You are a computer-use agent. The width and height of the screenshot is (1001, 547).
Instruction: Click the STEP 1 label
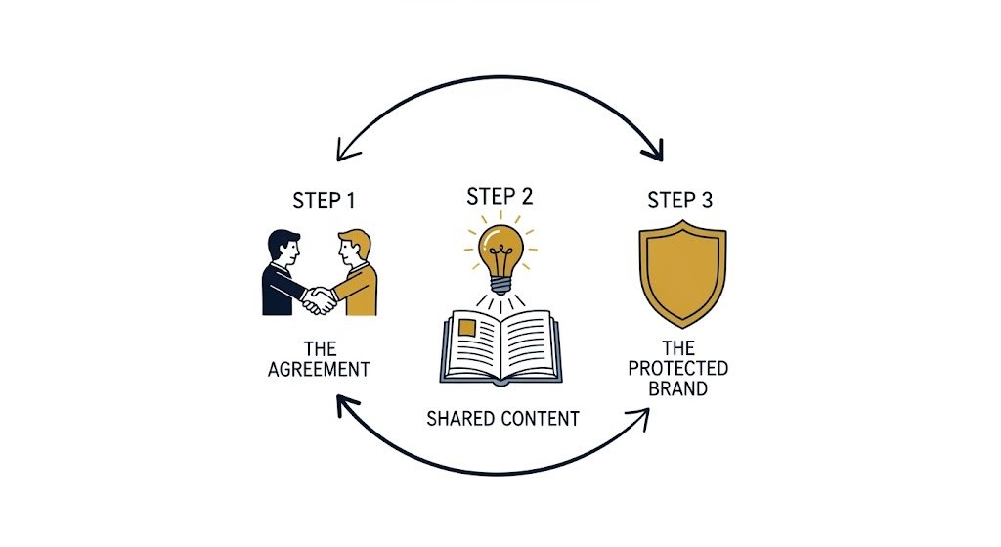point(324,201)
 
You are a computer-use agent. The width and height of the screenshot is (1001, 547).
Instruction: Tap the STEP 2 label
point(500,195)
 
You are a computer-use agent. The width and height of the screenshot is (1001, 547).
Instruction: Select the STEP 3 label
point(679,201)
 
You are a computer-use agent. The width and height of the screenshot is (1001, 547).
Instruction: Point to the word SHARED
point(460,419)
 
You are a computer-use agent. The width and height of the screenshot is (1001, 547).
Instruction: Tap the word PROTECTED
point(678,368)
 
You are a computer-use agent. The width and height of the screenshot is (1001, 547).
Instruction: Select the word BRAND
point(678,387)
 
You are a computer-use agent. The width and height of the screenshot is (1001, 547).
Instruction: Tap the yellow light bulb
point(501,251)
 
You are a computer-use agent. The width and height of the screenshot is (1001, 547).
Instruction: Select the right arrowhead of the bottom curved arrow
point(643,415)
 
